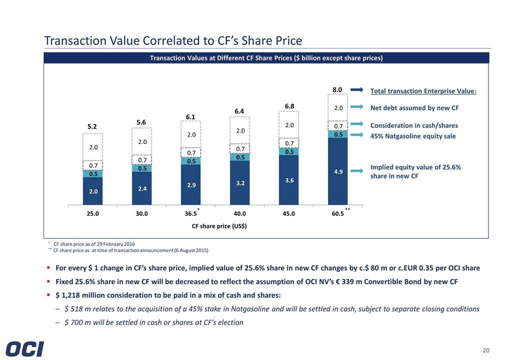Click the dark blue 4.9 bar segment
(337, 171)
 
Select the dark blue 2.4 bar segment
(141, 188)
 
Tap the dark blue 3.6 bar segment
(289, 180)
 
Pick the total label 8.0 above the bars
(337, 90)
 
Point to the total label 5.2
(92, 127)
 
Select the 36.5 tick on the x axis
(190, 213)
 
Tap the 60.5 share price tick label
(337, 213)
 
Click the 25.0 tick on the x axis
(92, 213)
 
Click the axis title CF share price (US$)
(219, 226)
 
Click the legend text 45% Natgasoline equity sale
(413, 136)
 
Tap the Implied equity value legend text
(415, 171)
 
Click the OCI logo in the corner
(25, 348)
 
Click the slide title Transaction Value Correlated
(173, 40)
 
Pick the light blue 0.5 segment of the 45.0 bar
(289, 151)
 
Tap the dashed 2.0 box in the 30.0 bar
(141, 142)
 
